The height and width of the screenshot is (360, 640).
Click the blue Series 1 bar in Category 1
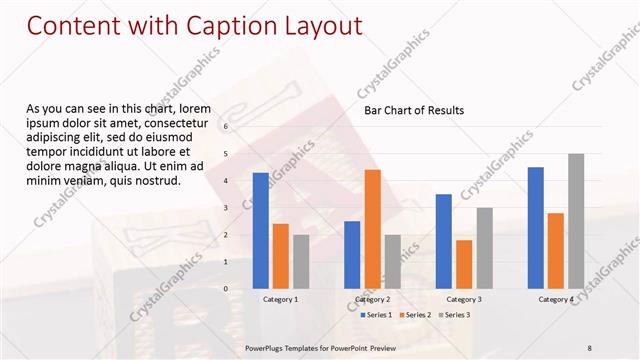point(261,230)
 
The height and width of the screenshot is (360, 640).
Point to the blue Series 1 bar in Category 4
point(535,228)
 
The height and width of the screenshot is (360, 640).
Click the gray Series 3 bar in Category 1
point(301,261)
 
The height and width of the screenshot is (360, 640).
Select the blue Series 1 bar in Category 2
point(352,254)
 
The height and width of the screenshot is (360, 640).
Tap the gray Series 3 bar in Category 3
point(484,248)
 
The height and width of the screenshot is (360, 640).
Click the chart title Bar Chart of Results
point(413,110)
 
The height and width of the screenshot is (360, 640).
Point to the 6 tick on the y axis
point(226,127)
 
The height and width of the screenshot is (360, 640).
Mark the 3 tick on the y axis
point(226,208)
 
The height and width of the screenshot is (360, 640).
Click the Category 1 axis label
point(280,299)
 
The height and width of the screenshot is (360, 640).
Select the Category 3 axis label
point(463,299)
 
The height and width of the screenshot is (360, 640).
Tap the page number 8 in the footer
point(589,347)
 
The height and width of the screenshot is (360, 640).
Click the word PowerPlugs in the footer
point(266,347)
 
